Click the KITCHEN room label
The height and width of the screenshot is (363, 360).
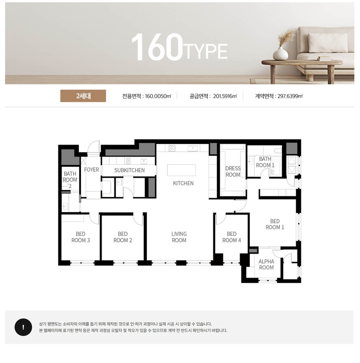(183, 183)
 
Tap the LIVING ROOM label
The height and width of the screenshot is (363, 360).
(179, 237)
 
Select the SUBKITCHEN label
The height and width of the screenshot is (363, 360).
(129, 170)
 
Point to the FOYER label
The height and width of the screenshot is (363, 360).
(91, 170)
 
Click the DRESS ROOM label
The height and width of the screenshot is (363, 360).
(233, 171)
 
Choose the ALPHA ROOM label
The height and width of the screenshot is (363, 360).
(266, 264)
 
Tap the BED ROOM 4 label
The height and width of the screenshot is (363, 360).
(231, 237)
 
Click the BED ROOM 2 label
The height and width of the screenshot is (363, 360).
(123, 237)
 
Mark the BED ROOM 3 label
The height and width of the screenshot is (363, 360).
(80, 237)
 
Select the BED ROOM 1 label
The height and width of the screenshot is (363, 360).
(275, 224)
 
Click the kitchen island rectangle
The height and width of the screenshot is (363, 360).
(181, 170)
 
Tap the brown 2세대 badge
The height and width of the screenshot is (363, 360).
(83, 96)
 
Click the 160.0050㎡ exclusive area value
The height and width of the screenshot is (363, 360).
(158, 96)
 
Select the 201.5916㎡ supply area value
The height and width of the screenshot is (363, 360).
(225, 96)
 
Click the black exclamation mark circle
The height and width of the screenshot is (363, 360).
(23, 327)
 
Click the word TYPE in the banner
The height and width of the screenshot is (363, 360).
(205, 51)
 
